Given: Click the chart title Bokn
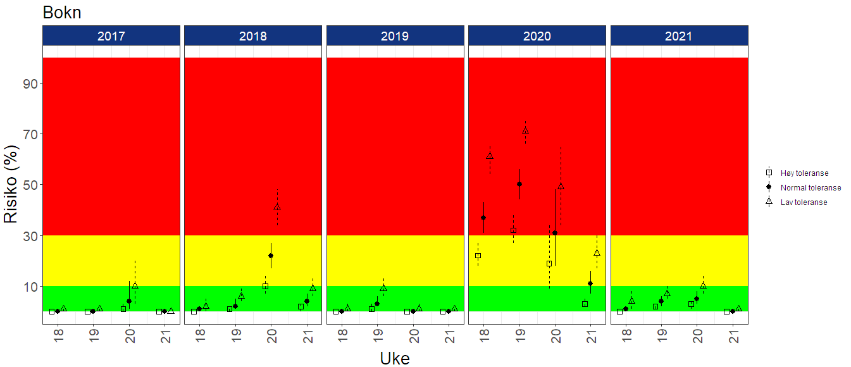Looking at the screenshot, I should (x=62, y=13).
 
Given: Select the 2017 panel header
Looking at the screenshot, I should (x=111, y=36).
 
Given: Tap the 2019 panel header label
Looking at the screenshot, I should (x=395, y=36).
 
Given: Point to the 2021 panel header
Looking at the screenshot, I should (x=679, y=36).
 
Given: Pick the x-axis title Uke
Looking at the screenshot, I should (x=395, y=358).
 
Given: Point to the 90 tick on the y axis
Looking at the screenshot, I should (x=32, y=84).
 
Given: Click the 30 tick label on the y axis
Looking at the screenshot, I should (x=32, y=235).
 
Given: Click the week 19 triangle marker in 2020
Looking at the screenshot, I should (x=525, y=131).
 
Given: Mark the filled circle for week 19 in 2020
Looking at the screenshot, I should (x=519, y=184).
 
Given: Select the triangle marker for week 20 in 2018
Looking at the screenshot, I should (x=277, y=207).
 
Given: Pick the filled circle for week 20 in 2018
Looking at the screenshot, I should (x=271, y=256).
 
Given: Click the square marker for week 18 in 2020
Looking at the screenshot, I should (x=478, y=256).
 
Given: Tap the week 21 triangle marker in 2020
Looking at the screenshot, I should (x=597, y=252).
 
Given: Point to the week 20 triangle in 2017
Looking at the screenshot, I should (x=135, y=285).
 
